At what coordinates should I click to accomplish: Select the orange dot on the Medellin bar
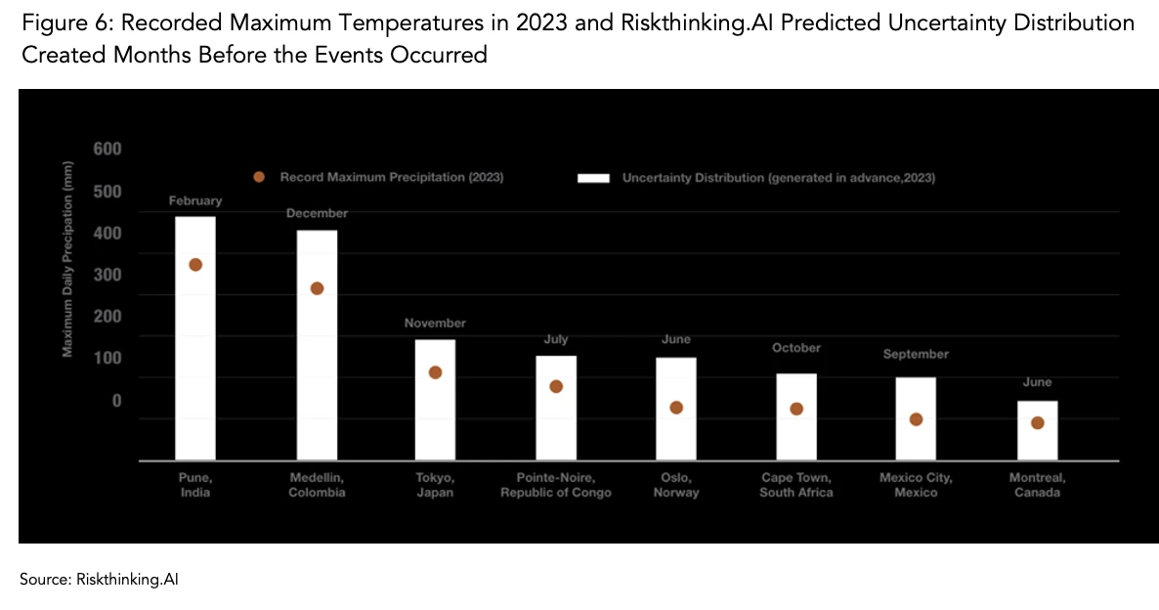317,288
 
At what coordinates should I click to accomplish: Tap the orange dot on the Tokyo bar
435,372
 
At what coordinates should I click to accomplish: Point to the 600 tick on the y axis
107,150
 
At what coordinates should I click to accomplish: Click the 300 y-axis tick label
107,275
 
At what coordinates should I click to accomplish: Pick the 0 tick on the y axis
116,401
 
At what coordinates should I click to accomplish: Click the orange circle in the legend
259,177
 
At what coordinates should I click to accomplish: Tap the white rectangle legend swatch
594,178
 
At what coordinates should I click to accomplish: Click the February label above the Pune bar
195,200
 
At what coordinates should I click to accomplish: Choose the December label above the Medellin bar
317,213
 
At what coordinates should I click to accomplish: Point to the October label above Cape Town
796,348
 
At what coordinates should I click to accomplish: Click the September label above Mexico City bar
916,354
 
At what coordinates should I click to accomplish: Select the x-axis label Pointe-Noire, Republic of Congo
555,485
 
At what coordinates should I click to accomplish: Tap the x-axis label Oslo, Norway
676,485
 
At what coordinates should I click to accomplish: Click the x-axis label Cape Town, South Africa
796,485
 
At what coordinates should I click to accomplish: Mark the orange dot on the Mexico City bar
916,419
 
